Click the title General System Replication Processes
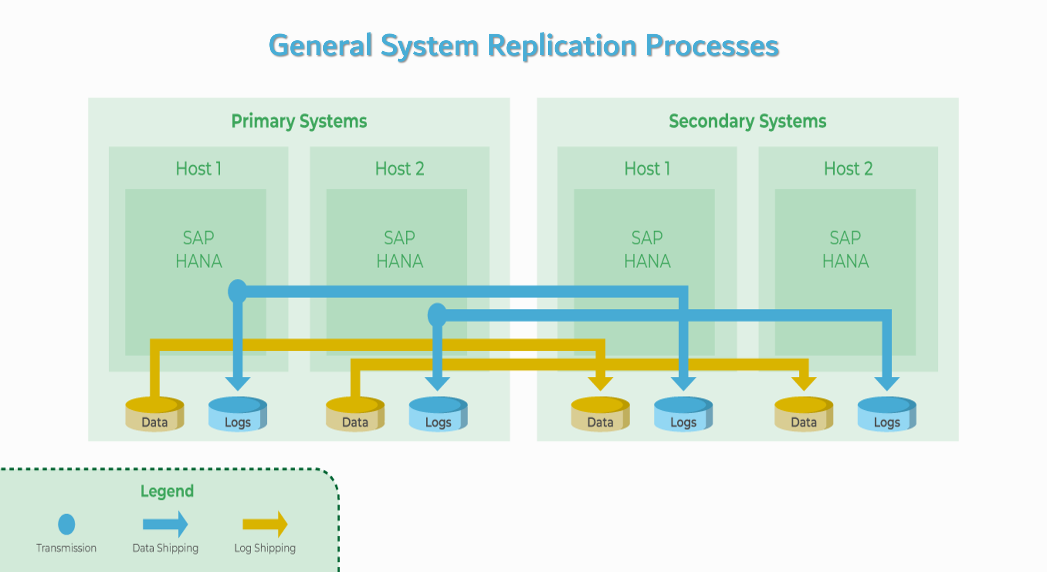pos(523,45)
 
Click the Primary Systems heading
pos(299,122)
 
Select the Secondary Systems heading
pos(748,122)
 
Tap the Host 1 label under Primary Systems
pos(199,169)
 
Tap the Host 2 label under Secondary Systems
pos(848,169)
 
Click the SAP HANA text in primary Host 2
pos(400,250)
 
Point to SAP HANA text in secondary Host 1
pos(647,250)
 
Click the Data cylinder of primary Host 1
pos(155,415)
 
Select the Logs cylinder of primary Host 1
pos(237,415)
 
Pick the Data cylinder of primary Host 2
pos(355,415)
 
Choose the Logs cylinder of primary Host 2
pos(438,415)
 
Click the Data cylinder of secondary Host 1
pos(600,415)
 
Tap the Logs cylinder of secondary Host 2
pos(887,415)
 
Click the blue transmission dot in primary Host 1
pos(237,291)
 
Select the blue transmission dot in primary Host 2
pos(437,315)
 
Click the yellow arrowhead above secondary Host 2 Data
pos(804,383)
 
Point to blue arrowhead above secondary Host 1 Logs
pos(683,383)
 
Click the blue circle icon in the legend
pos(66,524)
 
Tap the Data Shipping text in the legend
pos(165,548)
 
